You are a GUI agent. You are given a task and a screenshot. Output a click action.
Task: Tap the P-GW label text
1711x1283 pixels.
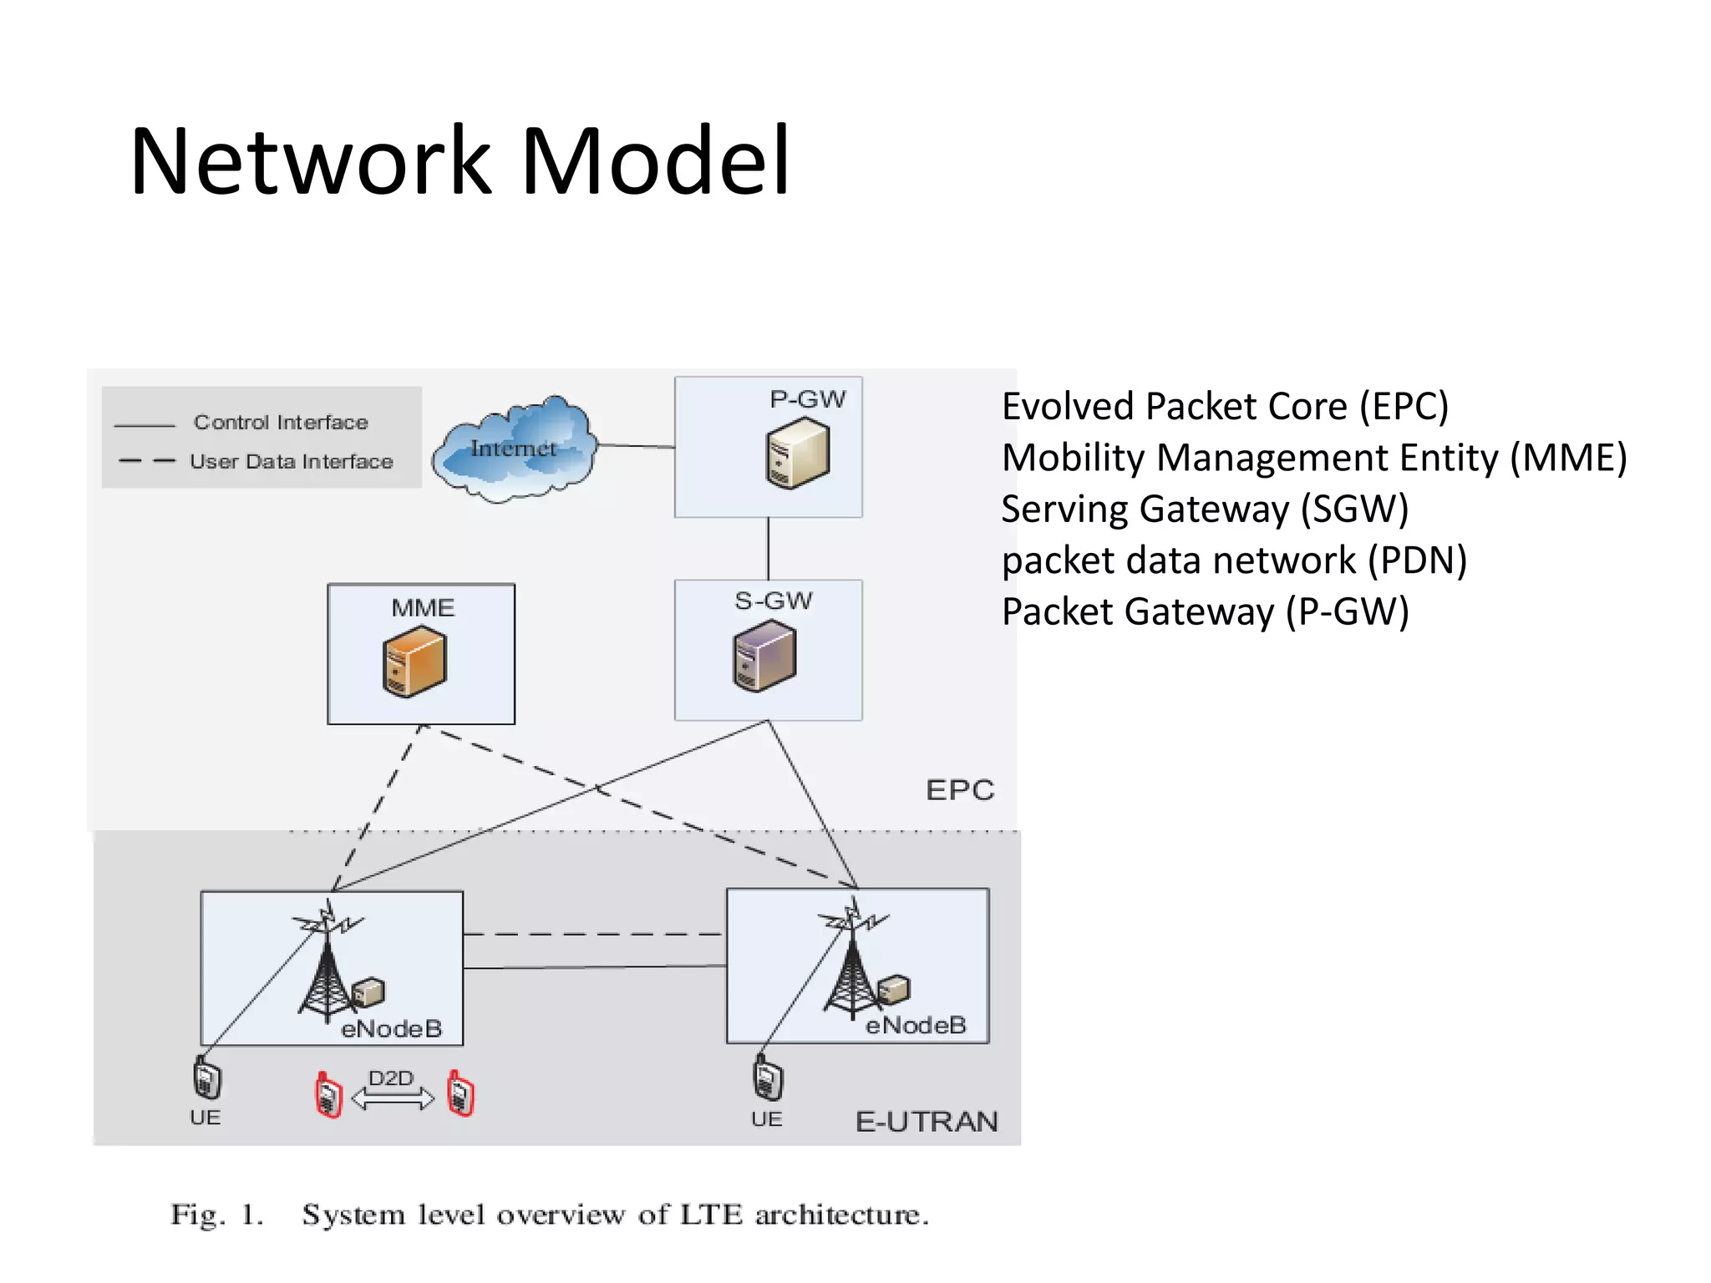click(x=807, y=399)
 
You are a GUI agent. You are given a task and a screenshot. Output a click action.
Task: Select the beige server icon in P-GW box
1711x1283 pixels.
click(x=797, y=454)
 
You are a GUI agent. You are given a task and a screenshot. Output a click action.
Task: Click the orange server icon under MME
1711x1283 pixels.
click(x=414, y=662)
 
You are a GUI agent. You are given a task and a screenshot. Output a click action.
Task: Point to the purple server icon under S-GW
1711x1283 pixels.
click(x=764, y=657)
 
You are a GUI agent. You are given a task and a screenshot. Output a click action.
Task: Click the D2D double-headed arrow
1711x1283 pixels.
click(x=393, y=1098)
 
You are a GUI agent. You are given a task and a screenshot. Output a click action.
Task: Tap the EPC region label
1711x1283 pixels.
click(x=960, y=790)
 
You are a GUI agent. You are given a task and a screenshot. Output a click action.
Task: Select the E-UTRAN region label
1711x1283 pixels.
click(x=927, y=1121)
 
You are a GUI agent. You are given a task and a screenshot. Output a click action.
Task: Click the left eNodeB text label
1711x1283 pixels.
click(x=391, y=1028)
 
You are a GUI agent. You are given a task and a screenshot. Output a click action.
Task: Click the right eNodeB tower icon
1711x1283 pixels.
click(x=850, y=961)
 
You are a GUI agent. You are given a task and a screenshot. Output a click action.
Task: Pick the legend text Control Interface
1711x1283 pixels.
click(x=281, y=423)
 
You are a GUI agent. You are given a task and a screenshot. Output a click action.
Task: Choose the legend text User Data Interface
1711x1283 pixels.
click(x=291, y=462)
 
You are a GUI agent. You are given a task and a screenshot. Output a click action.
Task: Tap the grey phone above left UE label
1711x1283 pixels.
click(x=206, y=1078)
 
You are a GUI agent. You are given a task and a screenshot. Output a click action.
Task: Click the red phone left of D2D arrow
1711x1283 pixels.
click(x=328, y=1095)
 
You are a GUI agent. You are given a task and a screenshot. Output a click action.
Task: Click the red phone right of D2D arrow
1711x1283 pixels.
click(x=460, y=1093)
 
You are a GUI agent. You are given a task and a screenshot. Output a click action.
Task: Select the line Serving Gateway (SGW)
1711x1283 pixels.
click(x=1204, y=509)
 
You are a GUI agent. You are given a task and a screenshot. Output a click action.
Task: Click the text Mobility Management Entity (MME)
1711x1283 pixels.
click(x=1313, y=458)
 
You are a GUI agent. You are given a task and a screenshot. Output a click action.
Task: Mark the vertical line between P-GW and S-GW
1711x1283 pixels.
click(x=768, y=549)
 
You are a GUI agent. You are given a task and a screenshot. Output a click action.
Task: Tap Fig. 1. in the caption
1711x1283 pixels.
click(x=217, y=1215)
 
